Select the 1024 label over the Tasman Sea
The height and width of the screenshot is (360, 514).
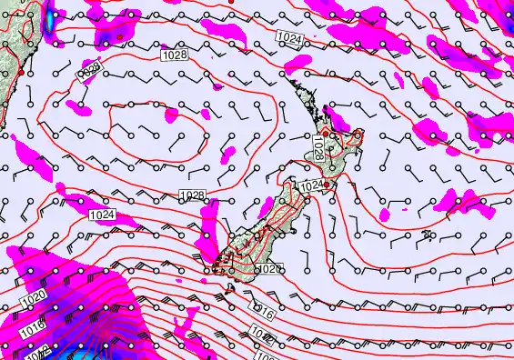(x=104, y=215)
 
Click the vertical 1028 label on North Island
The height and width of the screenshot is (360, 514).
(x=317, y=145)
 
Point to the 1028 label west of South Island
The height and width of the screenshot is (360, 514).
(x=192, y=195)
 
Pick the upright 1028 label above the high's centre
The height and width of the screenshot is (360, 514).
(x=176, y=56)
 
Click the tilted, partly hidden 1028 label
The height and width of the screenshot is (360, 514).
(x=89, y=72)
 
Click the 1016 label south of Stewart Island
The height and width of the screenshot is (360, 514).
(x=264, y=314)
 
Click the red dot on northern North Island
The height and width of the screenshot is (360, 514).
(x=326, y=135)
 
